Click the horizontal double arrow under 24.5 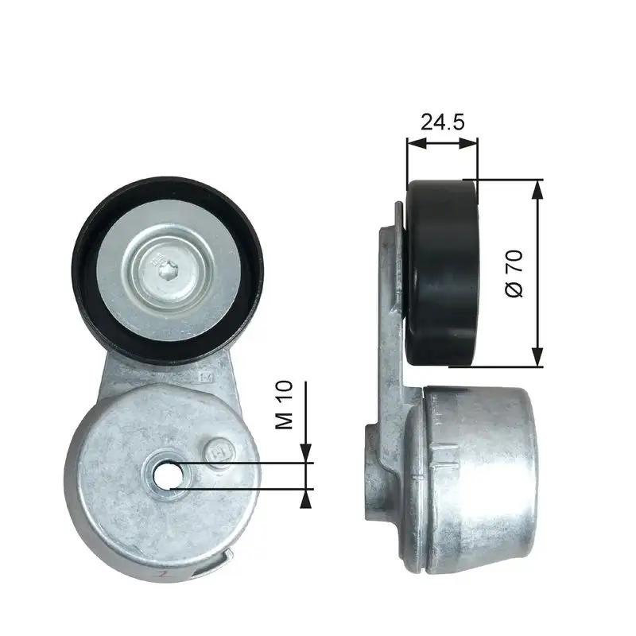pyautogui.click(x=442, y=144)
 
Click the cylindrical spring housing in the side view pyautogui.click(x=477, y=477)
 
